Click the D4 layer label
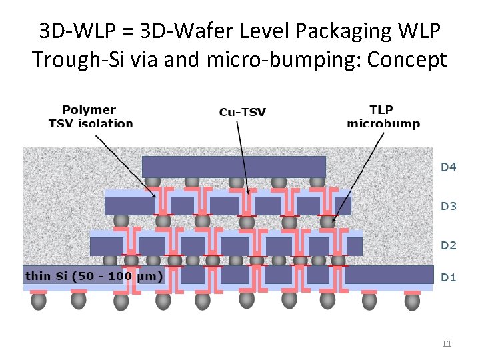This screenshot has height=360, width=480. pos(449,167)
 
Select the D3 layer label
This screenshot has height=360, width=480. pos(449,206)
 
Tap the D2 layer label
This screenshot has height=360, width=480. pos(449,245)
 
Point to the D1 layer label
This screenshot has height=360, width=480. pos(449,277)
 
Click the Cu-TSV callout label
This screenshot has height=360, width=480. pos(243,112)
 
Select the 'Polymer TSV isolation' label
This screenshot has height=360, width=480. pos(91,116)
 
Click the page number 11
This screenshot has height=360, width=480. pos(447,344)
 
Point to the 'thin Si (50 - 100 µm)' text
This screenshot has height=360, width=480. pos(94,276)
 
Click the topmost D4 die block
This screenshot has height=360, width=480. pos(233,166)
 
